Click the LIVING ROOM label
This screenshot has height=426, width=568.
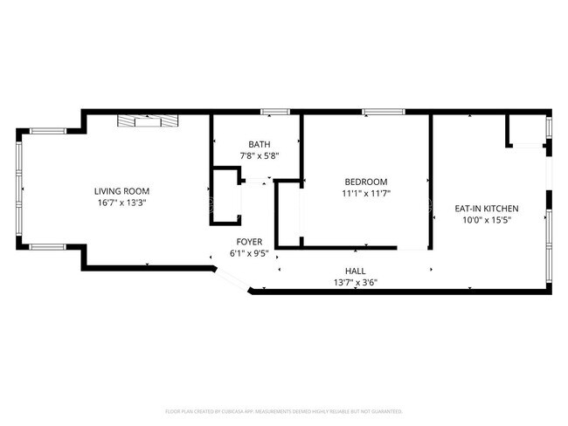(x=122, y=191)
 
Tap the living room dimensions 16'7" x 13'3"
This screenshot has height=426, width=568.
(x=122, y=203)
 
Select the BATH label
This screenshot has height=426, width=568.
(x=259, y=145)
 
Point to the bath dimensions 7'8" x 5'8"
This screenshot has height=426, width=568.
(x=259, y=156)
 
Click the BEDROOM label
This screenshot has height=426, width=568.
(x=365, y=182)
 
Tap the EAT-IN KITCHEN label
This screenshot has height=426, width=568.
(x=487, y=209)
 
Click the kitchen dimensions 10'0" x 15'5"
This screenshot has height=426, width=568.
(x=487, y=220)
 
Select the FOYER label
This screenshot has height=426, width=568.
(x=249, y=241)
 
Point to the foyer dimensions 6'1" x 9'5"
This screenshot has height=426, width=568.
(x=249, y=253)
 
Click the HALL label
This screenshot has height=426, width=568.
(x=355, y=271)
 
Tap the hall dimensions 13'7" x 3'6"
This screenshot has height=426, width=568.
(x=355, y=282)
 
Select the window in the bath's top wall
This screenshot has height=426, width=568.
(x=275, y=112)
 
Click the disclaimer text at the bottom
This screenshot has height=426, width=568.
(x=284, y=410)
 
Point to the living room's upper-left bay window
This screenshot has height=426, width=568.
(x=43, y=131)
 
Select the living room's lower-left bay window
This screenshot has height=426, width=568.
(x=43, y=246)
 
